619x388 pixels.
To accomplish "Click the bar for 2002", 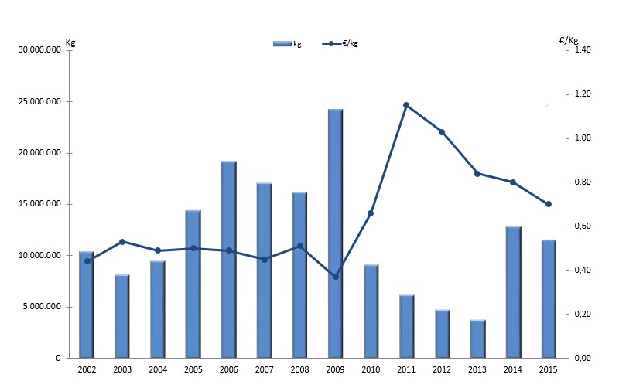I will pyautogui.click(x=86, y=305).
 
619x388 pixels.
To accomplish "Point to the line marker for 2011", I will pyautogui.click(x=406, y=105).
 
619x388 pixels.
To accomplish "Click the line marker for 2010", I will pyautogui.click(x=371, y=213).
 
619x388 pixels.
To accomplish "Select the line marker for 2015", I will pyautogui.click(x=549, y=204).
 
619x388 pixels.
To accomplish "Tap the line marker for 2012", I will pyautogui.click(x=442, y=132).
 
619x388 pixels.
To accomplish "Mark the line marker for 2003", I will pyautogui.click(x=121, y=242).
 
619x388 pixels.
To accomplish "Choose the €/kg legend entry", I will pyautogui.click(x=341, y=43).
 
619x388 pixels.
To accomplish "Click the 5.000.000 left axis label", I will pyautogui.click(x=43, y=307).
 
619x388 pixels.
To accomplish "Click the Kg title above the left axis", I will pyautogui.click(x=70, y=42).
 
